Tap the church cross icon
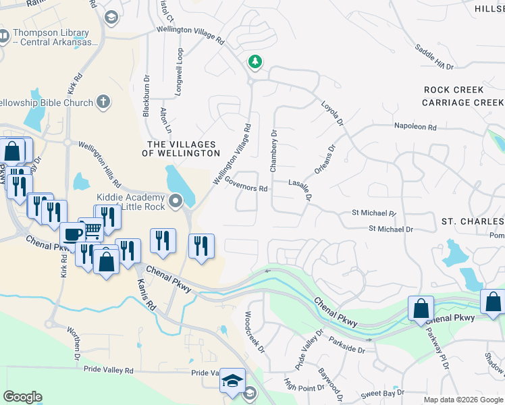[103, 102]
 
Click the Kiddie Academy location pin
[176, 201]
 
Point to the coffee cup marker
[73, 234]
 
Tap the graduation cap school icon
[232, 380]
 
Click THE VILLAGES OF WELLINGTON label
[181, 149]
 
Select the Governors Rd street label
[246, 184]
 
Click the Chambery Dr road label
[273, 151]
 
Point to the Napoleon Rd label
[416, 127]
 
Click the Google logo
[22, 397]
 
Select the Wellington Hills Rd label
[99, 163]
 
